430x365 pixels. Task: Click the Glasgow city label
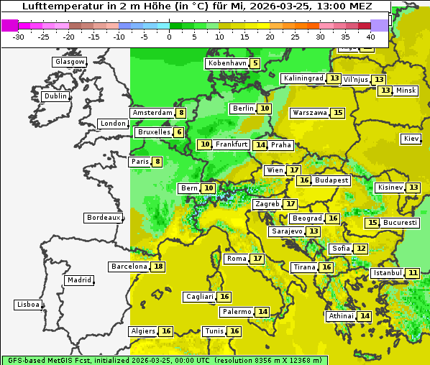click(70, 62)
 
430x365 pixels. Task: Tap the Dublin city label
click(55, 96)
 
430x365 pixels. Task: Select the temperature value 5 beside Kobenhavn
click(255, 63)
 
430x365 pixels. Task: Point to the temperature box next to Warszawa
click(338, 113)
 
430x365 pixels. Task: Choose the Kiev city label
click(411, 139)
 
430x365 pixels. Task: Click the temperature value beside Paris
click(157, 162)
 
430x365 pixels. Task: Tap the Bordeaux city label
click(103, 218)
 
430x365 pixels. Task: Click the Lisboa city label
click(27, 305)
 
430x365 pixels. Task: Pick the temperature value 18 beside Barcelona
click(158, 267)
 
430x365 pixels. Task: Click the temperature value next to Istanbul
click(413, 273)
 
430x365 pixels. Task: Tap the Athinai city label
click(341, 316)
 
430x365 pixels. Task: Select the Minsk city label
click(406, 91)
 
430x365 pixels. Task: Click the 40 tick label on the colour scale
click(370, 37)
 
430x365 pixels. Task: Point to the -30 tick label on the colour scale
click(19, 37)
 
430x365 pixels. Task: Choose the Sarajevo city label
click(286, 231)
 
